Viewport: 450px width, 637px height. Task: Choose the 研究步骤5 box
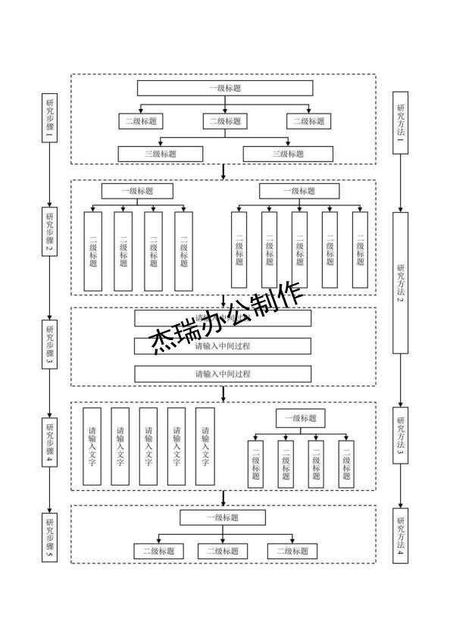pos(50,537)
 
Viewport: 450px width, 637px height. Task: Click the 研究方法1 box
pos(400,121)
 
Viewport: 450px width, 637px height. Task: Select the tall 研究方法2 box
pos(400,283)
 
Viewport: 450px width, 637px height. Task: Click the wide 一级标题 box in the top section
pos(224,89)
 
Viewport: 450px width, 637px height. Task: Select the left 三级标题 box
pos(161,154)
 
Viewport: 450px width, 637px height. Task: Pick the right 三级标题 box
pos(287,154)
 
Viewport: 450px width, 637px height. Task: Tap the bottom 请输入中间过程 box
pos(223,374)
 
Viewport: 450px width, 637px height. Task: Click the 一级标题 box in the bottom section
pos(223,518)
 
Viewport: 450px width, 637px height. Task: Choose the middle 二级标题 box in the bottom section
pos(223,551)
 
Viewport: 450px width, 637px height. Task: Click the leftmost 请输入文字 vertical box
pos(92,446)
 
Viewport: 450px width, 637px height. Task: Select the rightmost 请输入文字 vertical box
pos(205,446)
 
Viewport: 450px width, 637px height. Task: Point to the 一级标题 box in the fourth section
pos(300,418)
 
